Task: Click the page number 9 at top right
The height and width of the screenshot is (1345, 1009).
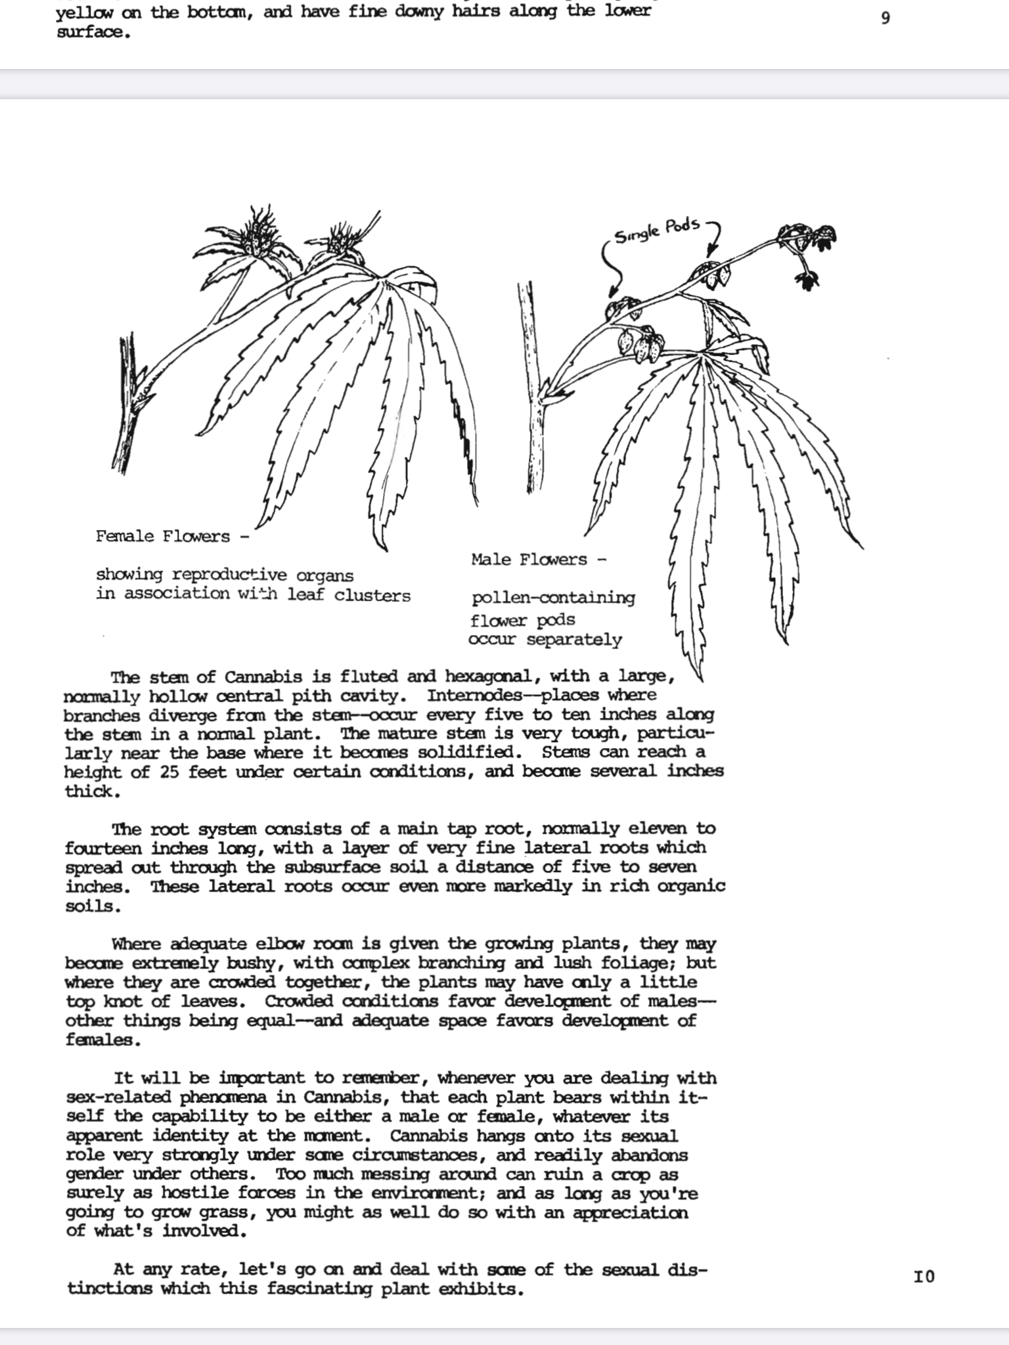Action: tap(886, 18)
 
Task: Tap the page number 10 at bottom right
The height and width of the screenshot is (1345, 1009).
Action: tap(924, 1277)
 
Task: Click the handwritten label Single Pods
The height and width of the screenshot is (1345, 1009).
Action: tap(657, 230)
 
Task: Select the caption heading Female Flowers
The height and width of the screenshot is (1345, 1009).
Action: tap(163, 537)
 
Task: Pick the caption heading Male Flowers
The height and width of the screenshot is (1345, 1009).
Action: tap(529, 560)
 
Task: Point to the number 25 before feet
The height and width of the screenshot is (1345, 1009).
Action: tap(169, 772)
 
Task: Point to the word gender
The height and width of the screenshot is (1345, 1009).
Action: tap(95, 1174)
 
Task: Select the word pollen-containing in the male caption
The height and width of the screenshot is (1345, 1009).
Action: tap(553, 598)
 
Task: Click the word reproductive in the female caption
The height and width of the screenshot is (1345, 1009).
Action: tap(230, 575)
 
